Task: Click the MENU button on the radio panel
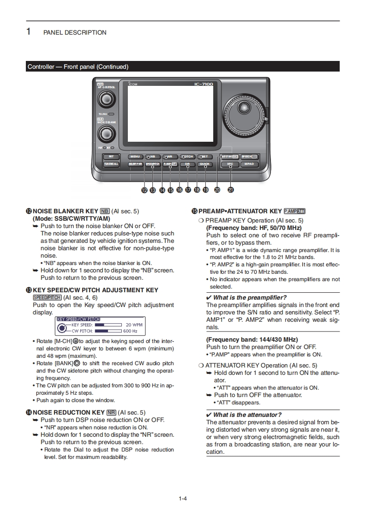pyautogui.click(x=135, y=157)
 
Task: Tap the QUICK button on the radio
pyautogui.click(x=204, y=164)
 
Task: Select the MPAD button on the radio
pyautogui.click(x=249, y=164)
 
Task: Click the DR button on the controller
pyautogui.click(x=187, y=164)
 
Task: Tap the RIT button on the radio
pyautogui.click(x=111, y=157)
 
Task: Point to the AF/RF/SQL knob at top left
pyautogui.click(x=107, y=99)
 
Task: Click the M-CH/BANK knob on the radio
pyautogui.click(x=106, y=134)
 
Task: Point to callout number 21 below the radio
pyautogui.click(x=231, y=189)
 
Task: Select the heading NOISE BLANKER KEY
pyautogui.click(x=65, y=211)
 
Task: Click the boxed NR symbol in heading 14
pyautogui.click(x=111, y=412)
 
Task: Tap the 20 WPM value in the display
pyautogui.click(x=134, y=325)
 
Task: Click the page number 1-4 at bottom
pyautogui.click(x=183, y=498)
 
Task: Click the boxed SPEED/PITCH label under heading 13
pyautogui.click(x=47, y=297)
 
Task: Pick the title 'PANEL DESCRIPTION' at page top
pyautogui.click(x=75, y=33)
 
